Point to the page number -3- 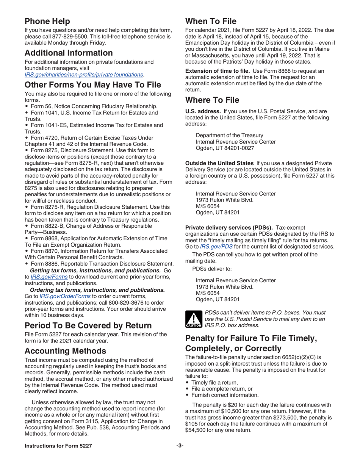180,446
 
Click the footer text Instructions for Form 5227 58,446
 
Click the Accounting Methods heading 65,351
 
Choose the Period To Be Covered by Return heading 88,325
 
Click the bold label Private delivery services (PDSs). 229,228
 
